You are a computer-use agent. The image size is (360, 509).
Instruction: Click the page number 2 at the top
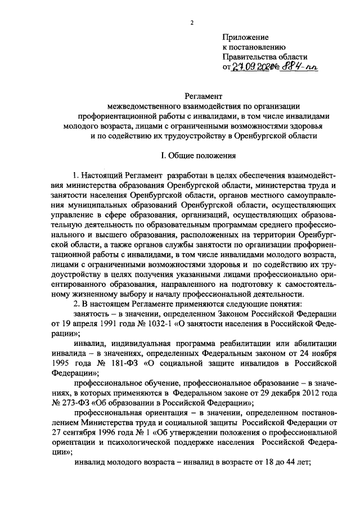pos(191,22)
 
